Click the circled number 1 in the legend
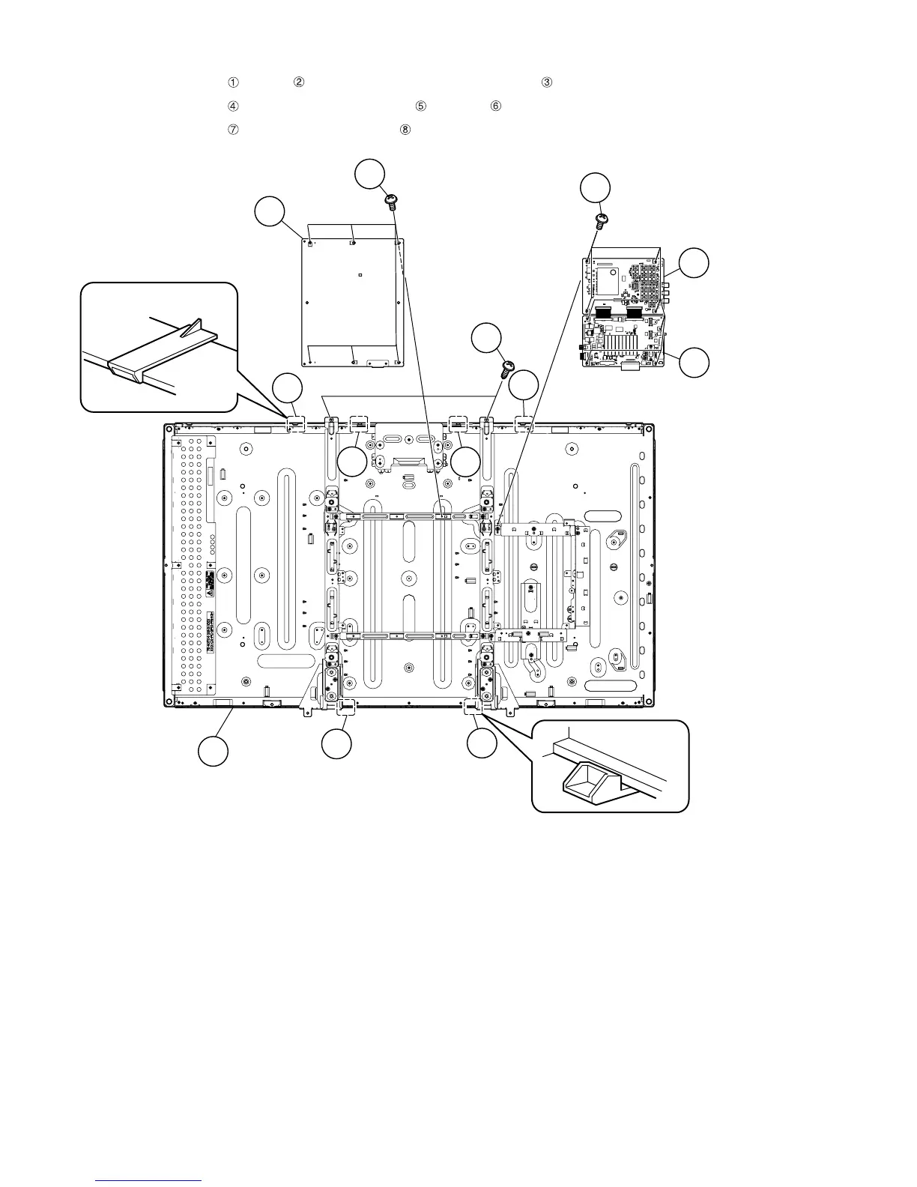pos(233,82)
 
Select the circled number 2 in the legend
pos(298,82)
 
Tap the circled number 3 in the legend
pos(547,82)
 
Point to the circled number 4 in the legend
pos(233,106)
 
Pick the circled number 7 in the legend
pos(233,129)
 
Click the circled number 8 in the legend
pos(405,129)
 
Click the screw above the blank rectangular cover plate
pos(391,200)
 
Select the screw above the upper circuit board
pos(601,220)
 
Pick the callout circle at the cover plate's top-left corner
pos(270,211)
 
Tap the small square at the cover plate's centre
pos(360,275)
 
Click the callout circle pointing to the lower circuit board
pos(694,362)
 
